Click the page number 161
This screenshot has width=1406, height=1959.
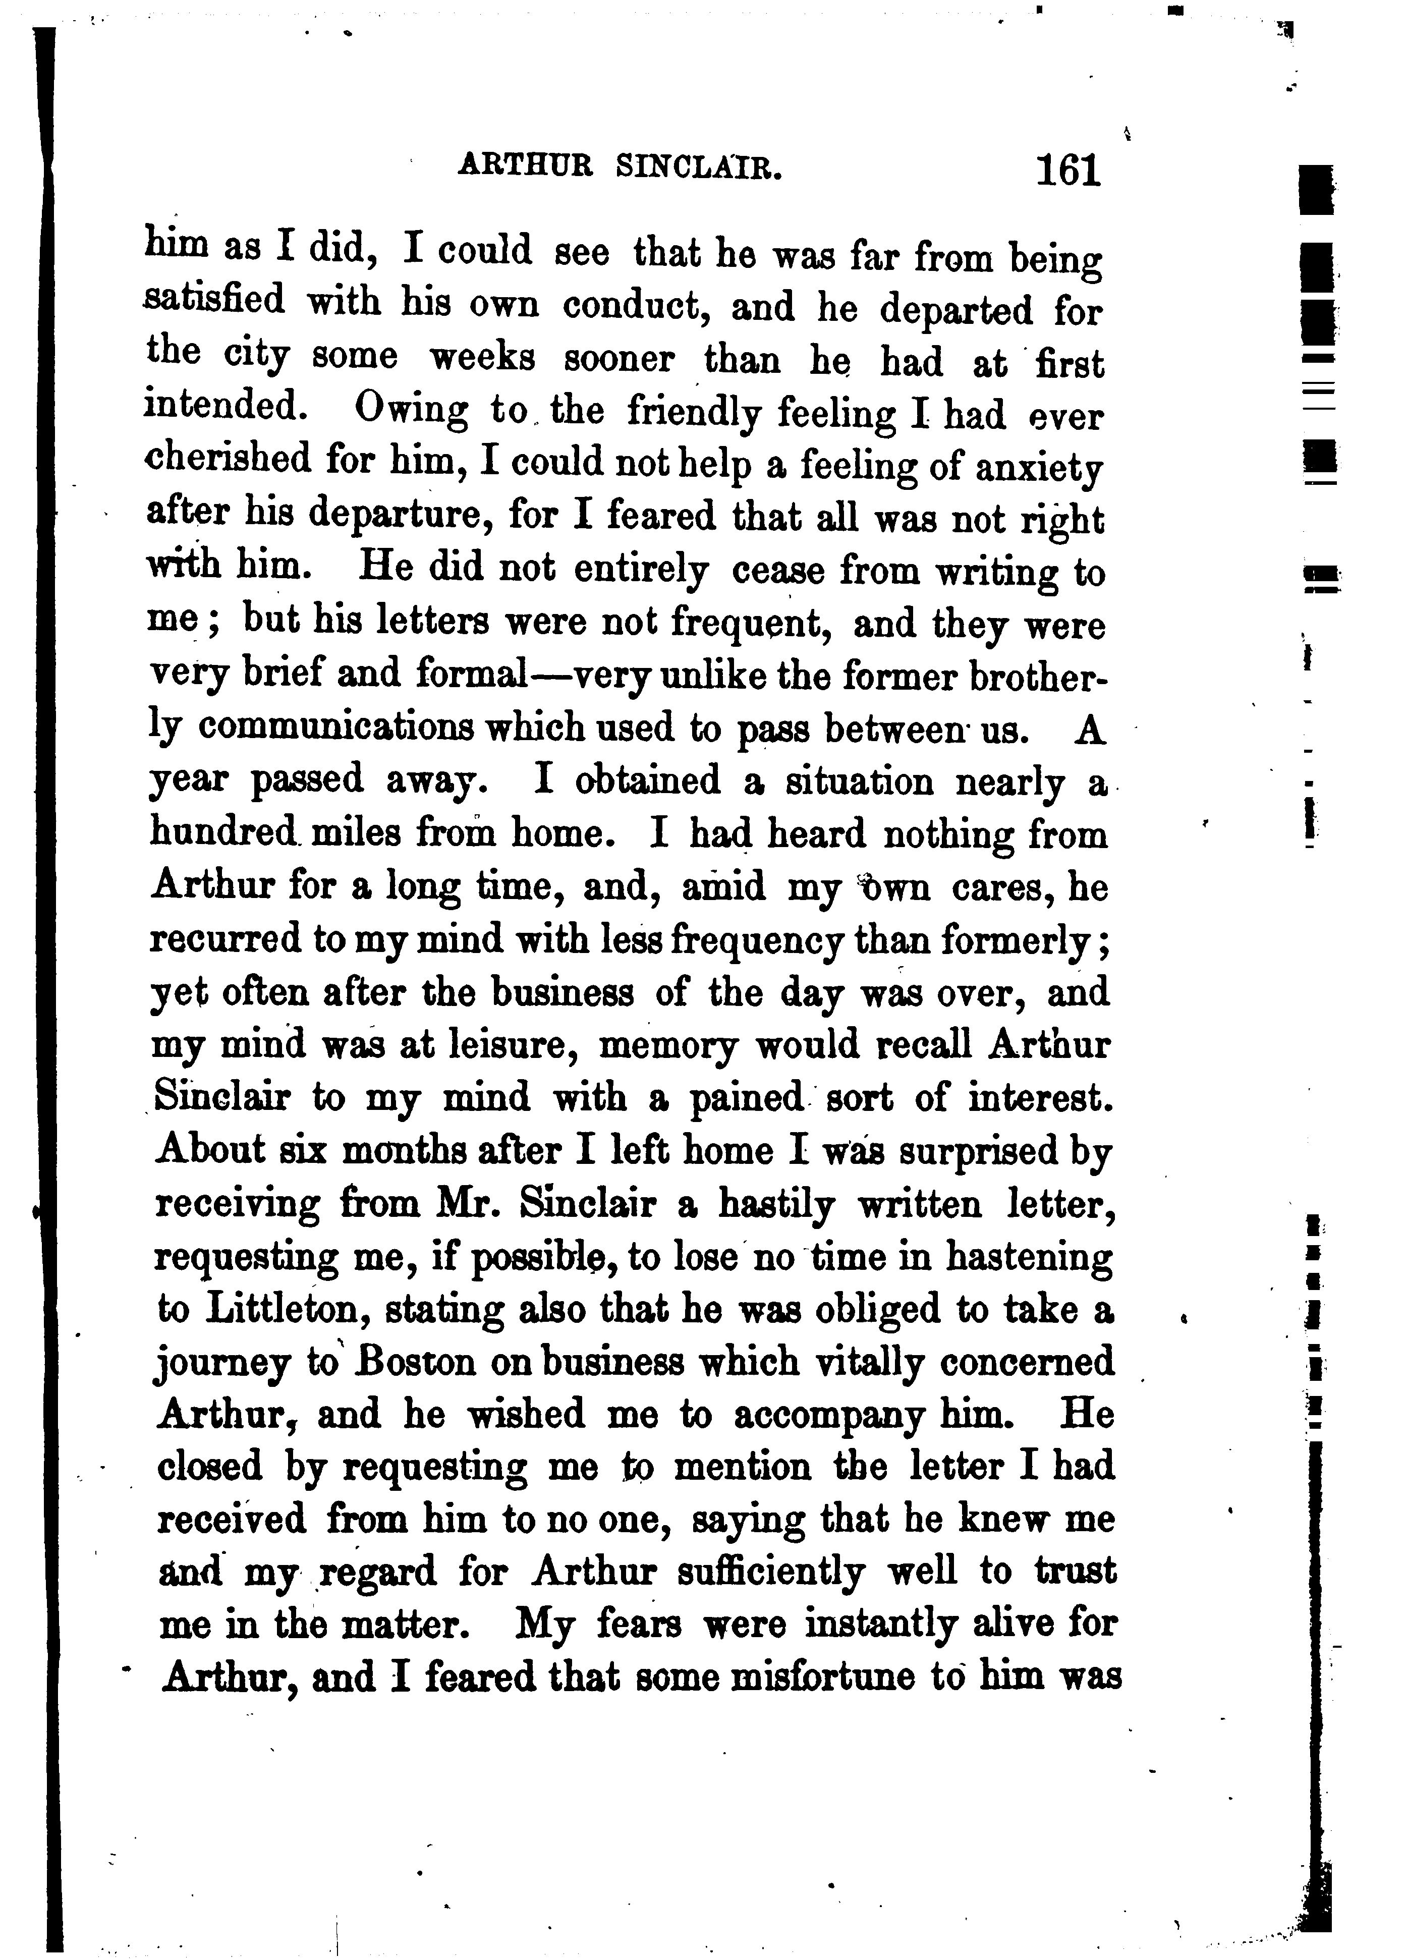(x=1068, y=170)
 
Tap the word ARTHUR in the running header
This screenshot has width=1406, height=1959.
(x=525, y=164)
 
